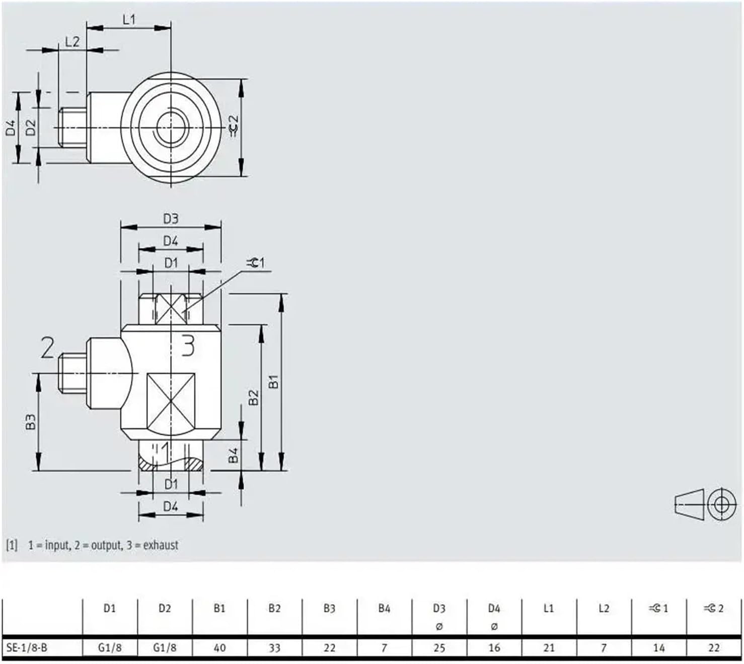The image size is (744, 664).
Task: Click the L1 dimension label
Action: (x=129, y=19)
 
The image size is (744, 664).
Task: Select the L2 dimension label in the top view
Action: (x=72, y=41)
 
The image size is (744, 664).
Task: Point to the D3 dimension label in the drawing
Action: (x=171, y=219)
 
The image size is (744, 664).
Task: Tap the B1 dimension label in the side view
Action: (x=274, y=382)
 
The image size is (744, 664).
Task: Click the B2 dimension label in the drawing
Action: (x=253, y=397)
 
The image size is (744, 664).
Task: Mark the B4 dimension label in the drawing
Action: (x=233, y=455)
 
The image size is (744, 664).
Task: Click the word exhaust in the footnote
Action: (x=161, y=545)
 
